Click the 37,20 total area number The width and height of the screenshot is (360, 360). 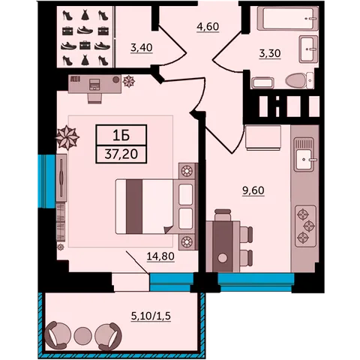pos(121,154)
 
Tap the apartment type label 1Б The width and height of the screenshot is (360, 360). pos(121,136)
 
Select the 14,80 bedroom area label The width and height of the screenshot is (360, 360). pos(160,256)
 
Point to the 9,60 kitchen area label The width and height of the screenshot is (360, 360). pos(253,190)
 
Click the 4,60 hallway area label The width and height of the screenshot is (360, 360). pos(208,26)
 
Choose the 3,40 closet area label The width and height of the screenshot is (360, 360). pos(142,47)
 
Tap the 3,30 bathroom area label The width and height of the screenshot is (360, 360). pos(270,53)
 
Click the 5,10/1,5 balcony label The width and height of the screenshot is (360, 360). pos(151,316)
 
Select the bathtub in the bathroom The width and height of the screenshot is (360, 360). pos(287,19)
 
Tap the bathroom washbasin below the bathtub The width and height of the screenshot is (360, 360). pos(308,49)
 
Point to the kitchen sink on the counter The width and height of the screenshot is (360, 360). pos(304,154)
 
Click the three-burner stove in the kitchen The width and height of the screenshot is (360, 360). pos(306,226)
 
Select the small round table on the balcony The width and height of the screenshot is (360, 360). pos(83,335)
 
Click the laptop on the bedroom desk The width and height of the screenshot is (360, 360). pos(94,84)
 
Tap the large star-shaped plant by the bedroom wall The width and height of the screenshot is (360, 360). pos(67,137)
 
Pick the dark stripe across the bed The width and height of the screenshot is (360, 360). pos(134,206)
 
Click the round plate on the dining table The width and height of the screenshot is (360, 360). pos(223,258)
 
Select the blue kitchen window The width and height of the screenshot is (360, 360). pos(256,282)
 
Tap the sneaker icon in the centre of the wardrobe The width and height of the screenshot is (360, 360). pos(85,31)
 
